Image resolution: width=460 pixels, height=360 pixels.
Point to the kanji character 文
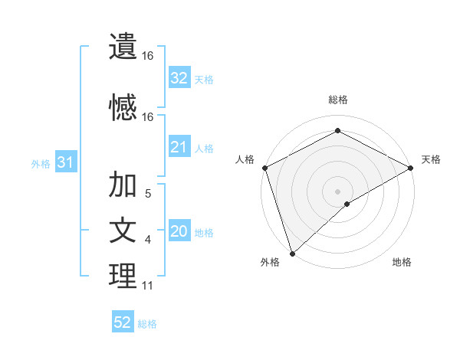click(123, 231)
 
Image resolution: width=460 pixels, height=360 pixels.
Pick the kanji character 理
click(123, 277)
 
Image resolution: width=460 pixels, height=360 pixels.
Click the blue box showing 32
click(179, 78)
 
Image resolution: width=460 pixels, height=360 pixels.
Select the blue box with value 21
click(179, 147)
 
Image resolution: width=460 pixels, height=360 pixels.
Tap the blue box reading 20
click(179, 232)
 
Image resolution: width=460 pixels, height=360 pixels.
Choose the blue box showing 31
click(65, 163)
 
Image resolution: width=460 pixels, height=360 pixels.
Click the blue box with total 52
click(123, 323)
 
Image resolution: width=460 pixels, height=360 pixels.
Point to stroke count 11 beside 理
click(147, 286)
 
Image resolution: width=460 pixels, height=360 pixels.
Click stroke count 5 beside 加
click(147, 194)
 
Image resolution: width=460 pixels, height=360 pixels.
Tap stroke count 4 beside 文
click(147, 240)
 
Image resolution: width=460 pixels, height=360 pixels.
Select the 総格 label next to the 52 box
click(147, 324)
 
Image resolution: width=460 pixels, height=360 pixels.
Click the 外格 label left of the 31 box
click(41, 164)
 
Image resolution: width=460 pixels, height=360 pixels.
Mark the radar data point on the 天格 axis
click(411, 169)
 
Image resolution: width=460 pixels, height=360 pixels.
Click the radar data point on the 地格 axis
click(347, 204)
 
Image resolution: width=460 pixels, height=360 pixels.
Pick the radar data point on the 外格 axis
click(292, 253)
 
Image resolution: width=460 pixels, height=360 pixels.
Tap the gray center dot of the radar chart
click(337, 191)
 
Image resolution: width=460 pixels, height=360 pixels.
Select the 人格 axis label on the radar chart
click(245, 159)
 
